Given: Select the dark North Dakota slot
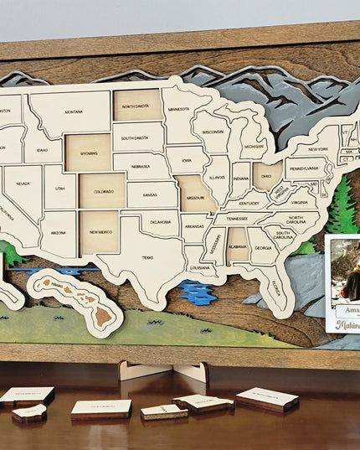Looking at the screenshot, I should [136, 106].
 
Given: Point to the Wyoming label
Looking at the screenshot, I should [87, 153].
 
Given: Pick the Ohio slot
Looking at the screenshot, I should [267, 177].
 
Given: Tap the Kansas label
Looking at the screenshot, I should [150, 195].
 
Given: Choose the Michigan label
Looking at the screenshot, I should [255, 146].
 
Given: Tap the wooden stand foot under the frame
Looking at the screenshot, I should [162, 370].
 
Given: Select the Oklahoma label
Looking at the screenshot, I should [159, 222].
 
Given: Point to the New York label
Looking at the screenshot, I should [317, 149].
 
